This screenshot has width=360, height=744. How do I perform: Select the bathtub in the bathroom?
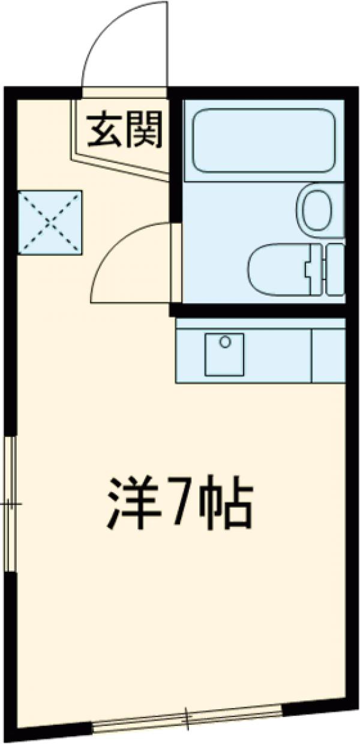(x=263, y=140)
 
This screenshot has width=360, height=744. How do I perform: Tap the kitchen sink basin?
(x=224, y=354)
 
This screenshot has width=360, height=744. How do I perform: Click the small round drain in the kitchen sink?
(x=225, y=342)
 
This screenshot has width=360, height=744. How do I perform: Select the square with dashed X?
(x=50, y=223)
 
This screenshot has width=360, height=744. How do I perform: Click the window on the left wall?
(x=9, y=504)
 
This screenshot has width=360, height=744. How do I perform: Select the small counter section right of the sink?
(x=328, y=354)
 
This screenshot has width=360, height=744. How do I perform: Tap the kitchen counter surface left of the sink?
(x=190, y=354)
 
